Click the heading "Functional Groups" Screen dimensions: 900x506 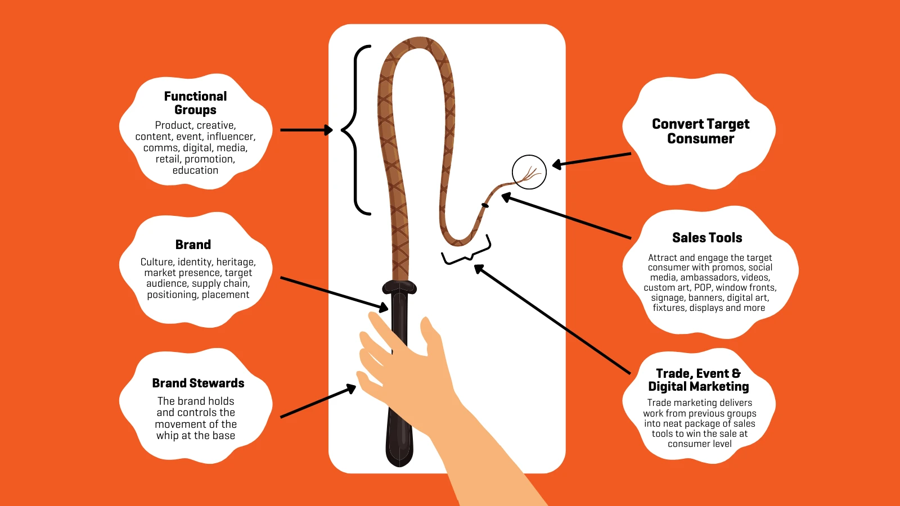click(195, 103)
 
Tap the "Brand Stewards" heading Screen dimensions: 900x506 click(198, 383)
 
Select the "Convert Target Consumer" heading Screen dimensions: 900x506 click(701, 131)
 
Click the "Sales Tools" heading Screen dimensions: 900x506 click(707, 238)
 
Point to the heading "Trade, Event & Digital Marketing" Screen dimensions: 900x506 click(698, 380)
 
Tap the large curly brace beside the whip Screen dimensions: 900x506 click(355, 130)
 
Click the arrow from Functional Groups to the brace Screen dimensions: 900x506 click(307, 130)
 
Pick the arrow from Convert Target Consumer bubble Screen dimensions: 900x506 click(591, 160)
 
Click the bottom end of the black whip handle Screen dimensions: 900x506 click(399, 466)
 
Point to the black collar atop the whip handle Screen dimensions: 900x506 click(399, 287)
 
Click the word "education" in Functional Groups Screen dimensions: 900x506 click(195, 170)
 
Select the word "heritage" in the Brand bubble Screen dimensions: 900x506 click(235, 262)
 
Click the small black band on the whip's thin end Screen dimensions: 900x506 click(485, 206)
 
